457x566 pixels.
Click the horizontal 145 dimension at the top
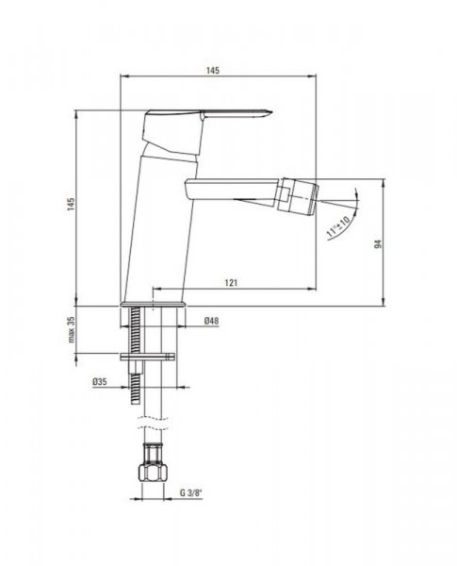213,70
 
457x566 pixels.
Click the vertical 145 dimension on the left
71,204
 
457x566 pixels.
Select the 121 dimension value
231,282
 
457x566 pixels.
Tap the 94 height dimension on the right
378,244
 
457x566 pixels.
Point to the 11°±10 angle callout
338,227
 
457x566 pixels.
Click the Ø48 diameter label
211,321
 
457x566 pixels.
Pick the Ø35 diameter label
100,381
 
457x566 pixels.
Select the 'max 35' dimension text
72,329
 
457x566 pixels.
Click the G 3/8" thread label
189,492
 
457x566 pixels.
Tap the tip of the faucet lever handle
272,112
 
